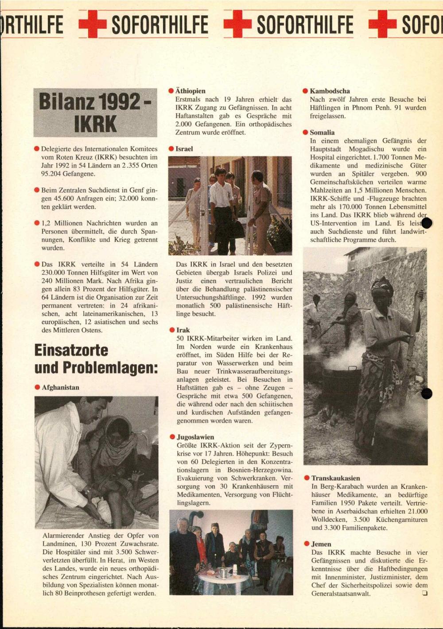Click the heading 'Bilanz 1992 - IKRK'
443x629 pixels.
(95, 112)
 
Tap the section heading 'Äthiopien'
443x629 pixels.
(190, 91)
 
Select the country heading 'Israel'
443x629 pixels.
(184, 149)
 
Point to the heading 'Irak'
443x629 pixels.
(183, 330)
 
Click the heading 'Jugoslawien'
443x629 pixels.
(195, 437)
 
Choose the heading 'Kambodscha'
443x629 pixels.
(330, 91)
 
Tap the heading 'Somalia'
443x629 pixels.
(322, 132)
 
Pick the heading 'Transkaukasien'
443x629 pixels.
(335, 478)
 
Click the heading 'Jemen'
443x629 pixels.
(321, 544)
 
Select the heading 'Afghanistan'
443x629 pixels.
(60, 387)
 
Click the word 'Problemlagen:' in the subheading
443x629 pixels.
(110, 368)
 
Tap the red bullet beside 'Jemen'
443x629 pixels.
(307, 544)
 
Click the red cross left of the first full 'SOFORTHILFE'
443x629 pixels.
(93, 24)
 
